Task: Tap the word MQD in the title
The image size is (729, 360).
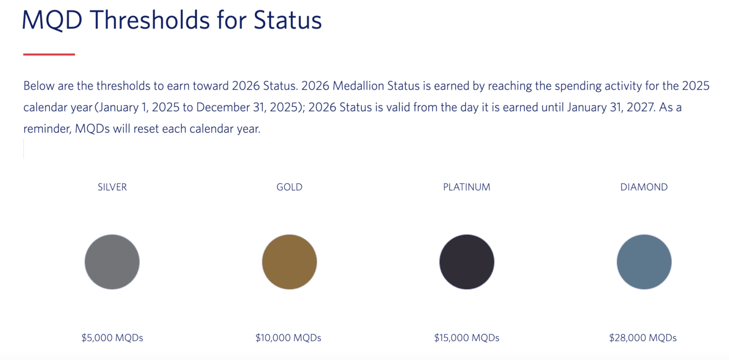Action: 52,20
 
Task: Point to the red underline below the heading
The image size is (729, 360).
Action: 49,55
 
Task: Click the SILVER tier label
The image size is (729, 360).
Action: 112,187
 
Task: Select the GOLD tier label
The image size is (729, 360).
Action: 289,187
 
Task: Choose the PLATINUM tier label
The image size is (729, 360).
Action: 466,187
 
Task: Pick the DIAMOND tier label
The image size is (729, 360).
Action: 644,187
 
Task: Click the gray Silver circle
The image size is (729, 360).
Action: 112,262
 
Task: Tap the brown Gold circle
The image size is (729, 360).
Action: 289,262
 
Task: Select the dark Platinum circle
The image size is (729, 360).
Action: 467,262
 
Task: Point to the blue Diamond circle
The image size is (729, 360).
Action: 644,262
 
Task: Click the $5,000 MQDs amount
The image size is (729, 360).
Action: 112,337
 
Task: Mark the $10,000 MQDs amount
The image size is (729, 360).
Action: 288,337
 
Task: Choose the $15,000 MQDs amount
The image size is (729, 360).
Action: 466,337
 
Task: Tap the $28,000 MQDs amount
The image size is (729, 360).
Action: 643,337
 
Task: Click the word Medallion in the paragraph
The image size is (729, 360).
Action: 358,86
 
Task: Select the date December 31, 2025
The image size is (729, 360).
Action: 249,107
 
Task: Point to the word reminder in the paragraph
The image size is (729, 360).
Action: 47,129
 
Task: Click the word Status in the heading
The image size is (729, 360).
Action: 287,20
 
